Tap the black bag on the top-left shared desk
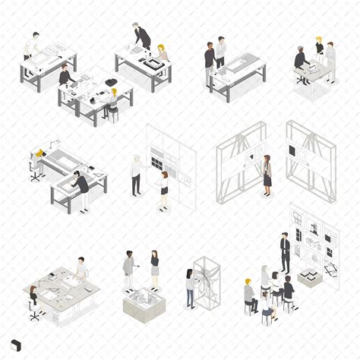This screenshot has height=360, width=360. click(x=111, y=82)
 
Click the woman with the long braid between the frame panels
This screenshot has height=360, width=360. click(x=267, y=173)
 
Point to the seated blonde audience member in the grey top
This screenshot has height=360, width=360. click(x=248, y=295)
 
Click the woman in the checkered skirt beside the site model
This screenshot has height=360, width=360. click(x=154, y=267)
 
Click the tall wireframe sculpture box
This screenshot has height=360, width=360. click(x=207, y=283)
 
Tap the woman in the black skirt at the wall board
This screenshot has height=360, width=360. click(x=163, y=188)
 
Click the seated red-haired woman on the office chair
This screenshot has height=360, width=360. click(x=33, y=297)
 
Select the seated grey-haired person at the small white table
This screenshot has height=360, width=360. click(x=301, y=61)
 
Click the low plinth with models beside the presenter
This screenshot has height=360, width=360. click(x=309, y=277)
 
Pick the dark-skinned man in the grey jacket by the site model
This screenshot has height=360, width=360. click(x=128, y=268)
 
